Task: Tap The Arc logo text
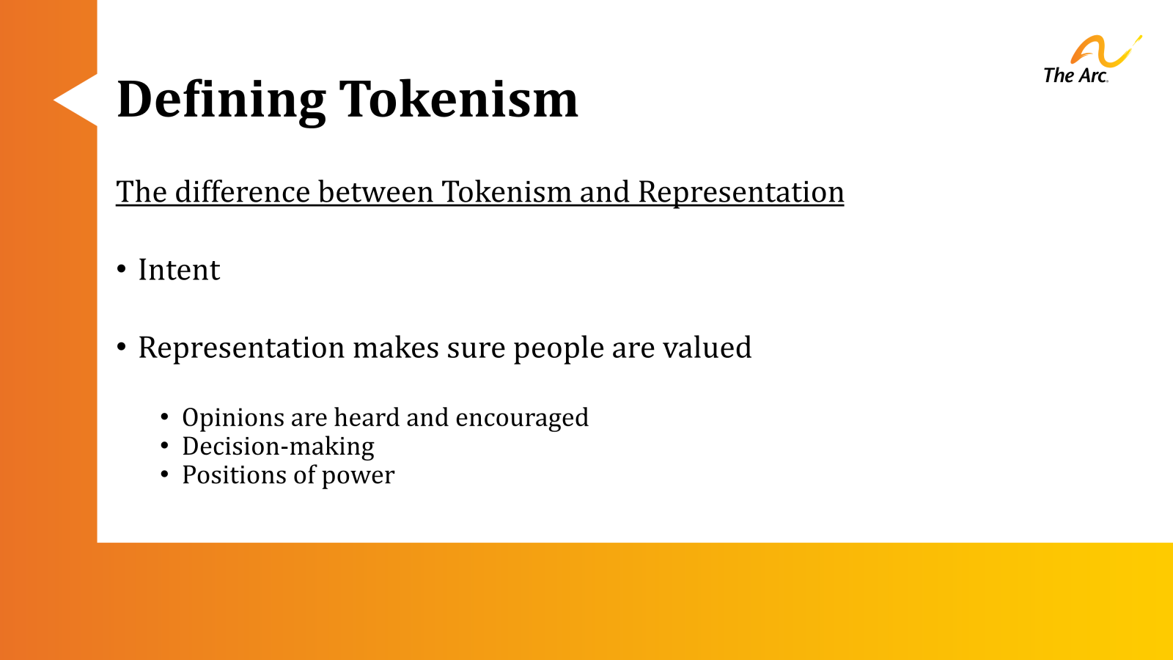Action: tap(1075, 76)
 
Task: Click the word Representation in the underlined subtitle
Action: tap(740, 192)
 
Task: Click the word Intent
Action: tap(179, 270)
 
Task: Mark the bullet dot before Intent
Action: tap(122, 270)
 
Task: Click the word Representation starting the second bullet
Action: tap(241, 348)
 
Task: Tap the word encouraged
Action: tap(521, 418)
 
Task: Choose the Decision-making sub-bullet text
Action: tap(278, 447)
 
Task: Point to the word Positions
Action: tap(234, 475)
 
